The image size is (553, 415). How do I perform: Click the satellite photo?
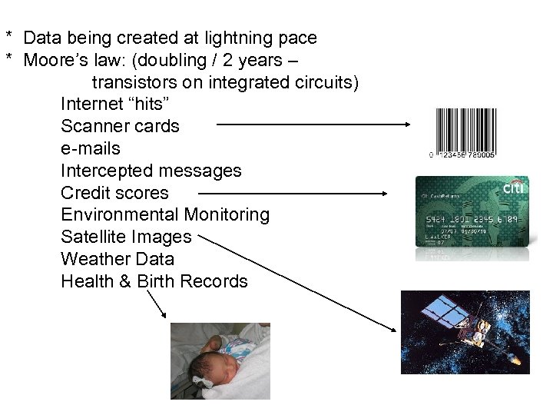465,332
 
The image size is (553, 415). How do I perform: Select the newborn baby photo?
220,360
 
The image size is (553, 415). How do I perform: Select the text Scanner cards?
120,126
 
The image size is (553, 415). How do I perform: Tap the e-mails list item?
91,148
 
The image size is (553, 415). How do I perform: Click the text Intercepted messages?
151,171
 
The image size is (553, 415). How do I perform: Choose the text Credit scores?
114,193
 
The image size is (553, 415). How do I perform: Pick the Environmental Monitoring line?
165,214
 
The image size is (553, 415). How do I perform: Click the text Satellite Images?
126,237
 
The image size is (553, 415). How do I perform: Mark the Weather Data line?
118,259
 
